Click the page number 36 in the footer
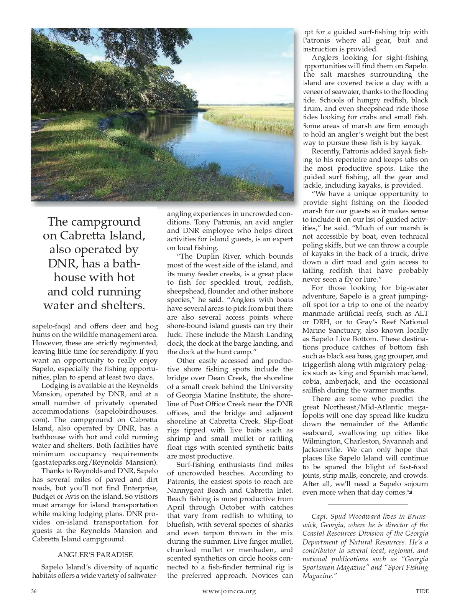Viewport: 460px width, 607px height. [x=34, y=591]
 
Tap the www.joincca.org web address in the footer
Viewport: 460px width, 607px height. [x=229, y=591]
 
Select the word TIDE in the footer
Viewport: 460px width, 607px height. [x=422, y=591]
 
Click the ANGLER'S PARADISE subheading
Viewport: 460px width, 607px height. [x=95, y=554]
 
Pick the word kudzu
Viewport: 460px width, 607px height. [x=417, y=416]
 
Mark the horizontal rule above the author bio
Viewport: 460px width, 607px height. [x=368, y=505]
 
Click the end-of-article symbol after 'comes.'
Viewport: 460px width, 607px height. [x=410, y=493]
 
